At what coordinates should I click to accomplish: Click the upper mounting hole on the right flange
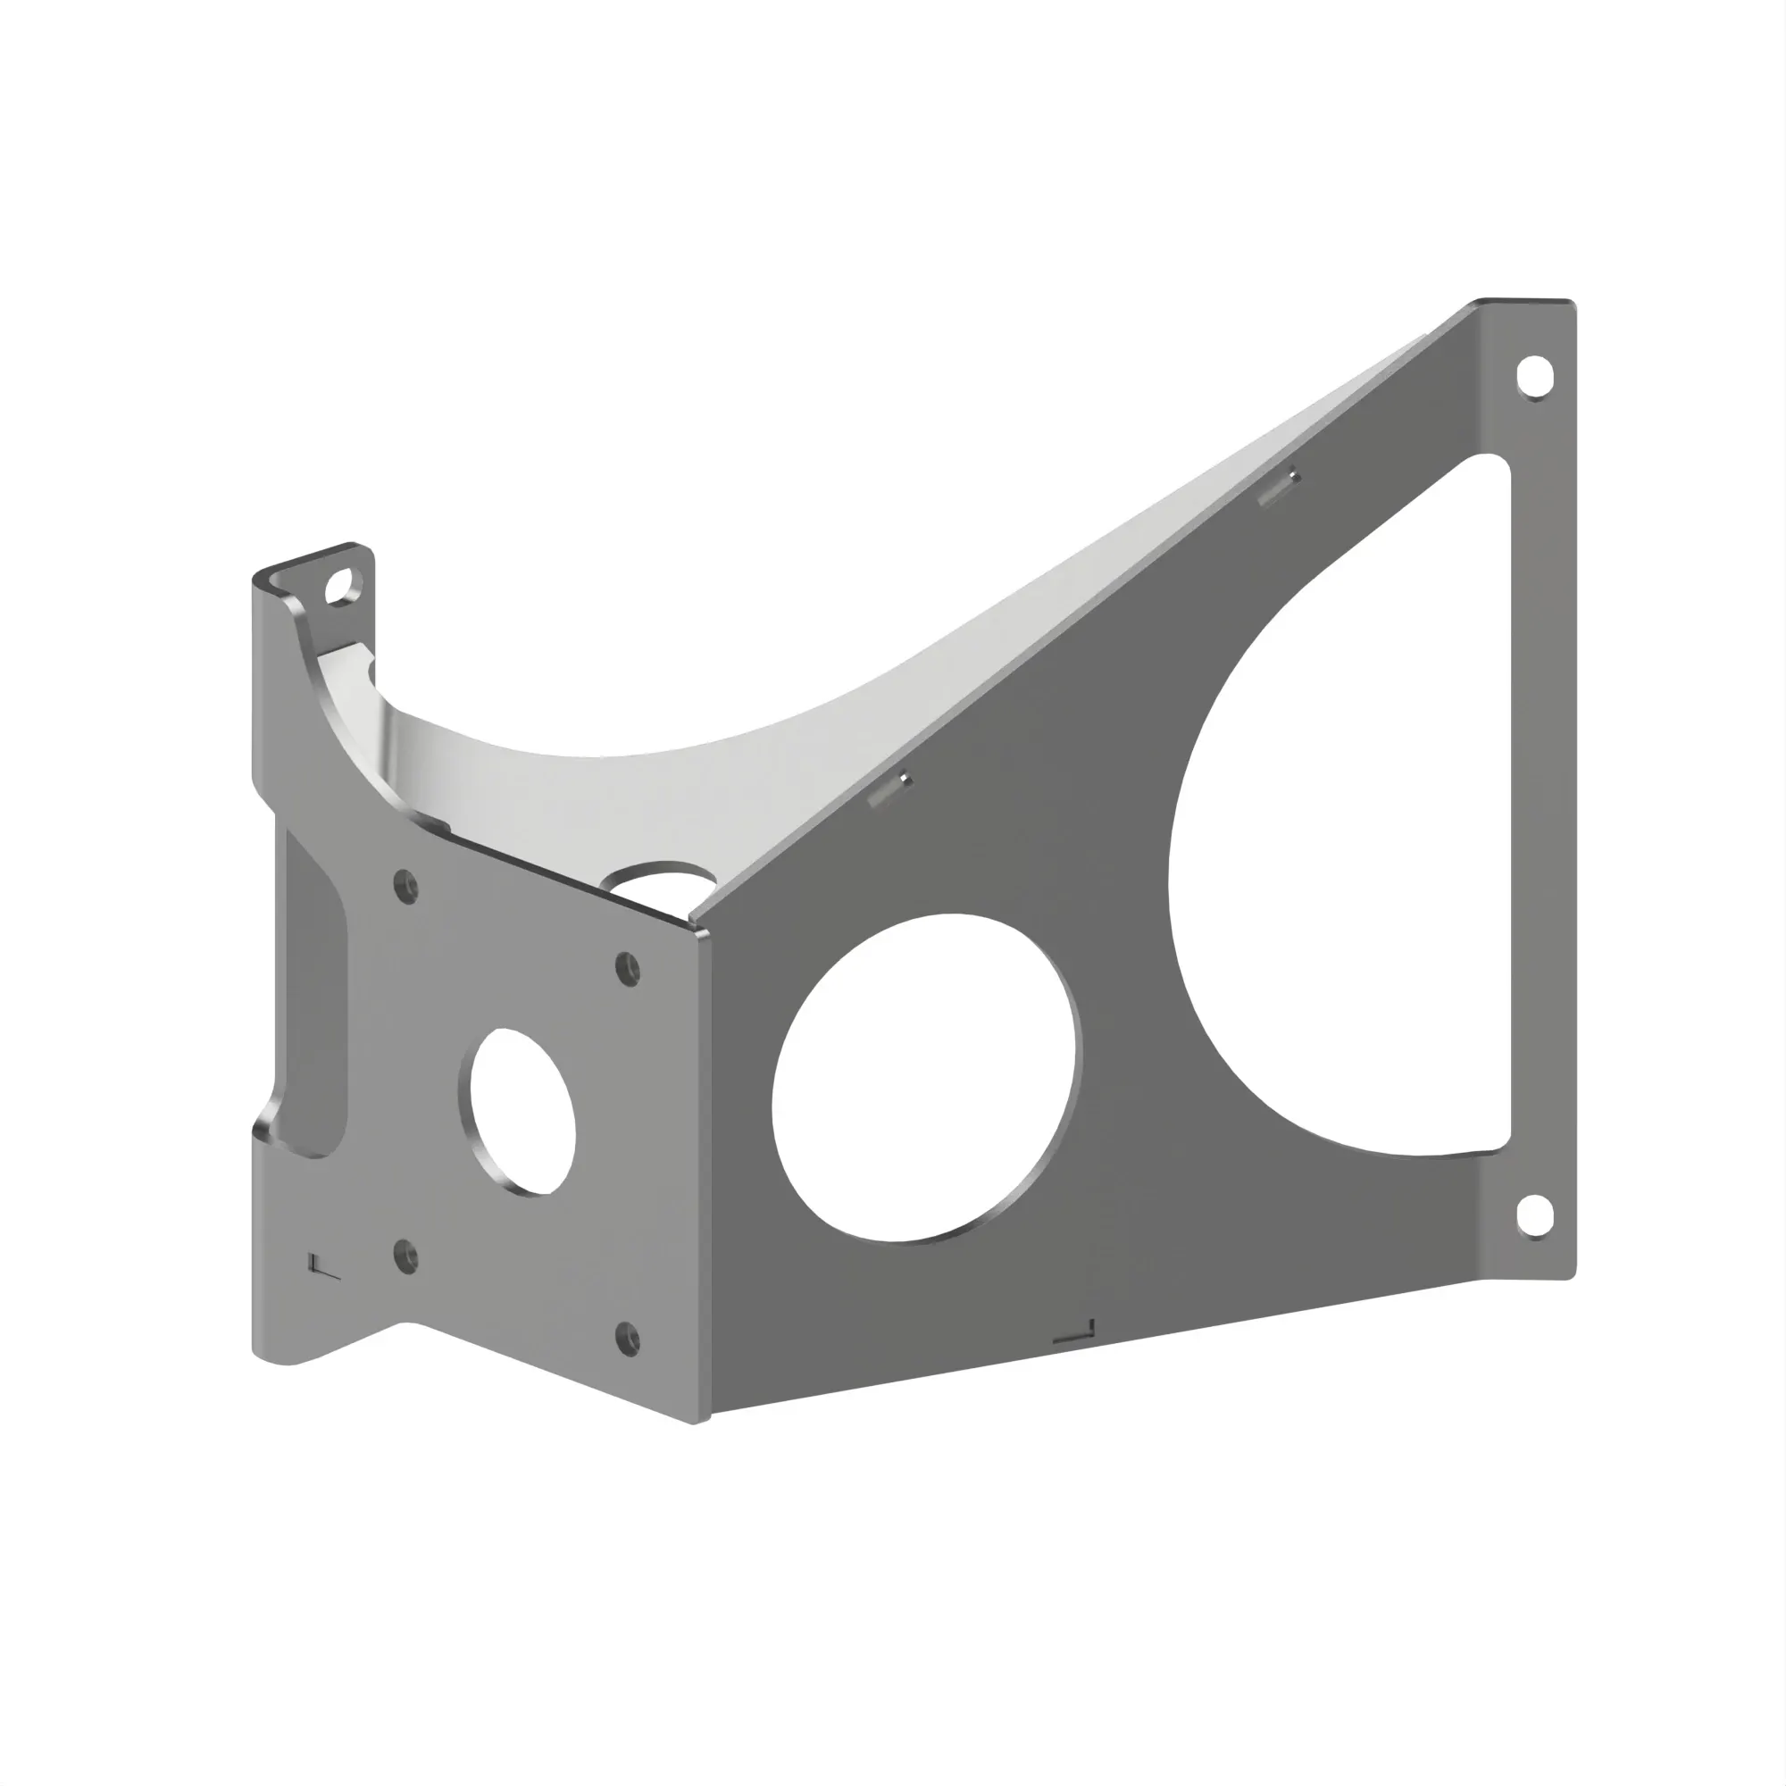(x=1533, y=376)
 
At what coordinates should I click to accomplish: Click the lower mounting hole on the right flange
(x=1533, y=1215)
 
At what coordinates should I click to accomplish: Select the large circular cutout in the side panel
(x=924, y=1078)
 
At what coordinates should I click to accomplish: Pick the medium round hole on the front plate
(x=522, y=1110)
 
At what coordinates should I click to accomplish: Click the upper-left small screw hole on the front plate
(x=405, y=887)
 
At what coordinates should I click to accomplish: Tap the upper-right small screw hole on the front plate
(x=628, y=968)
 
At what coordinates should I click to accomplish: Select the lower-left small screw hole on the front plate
(x=405, y=1256)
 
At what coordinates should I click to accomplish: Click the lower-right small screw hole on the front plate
(x=628, y=1338)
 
